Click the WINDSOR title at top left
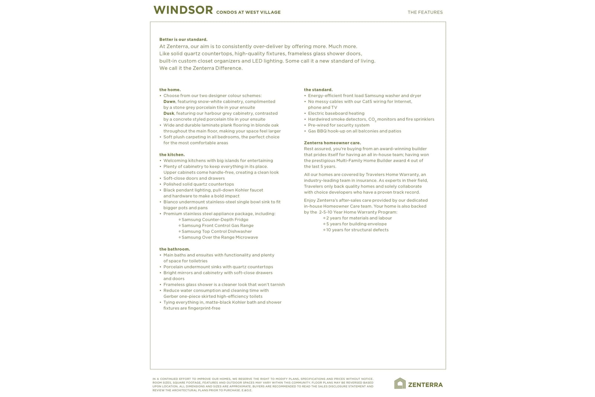click(x=183, y=10)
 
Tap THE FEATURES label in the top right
click(x=425, y=12)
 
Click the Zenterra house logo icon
click(x=400, y=384)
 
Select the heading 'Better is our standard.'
click(x=183, y=39)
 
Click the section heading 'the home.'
click(x=170, y=90)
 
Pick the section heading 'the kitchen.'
click(x=172, y=155)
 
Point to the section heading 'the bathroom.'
click(x=174, y=249)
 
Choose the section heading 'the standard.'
click(x=318, y=90)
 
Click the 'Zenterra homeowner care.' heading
click(x=332, y=143)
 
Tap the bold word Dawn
click(x=169, y=102)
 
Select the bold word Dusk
click(x=168, y=113)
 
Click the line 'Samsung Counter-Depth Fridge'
click(x=215, y=220)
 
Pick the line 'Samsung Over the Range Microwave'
click(x=219, y=237)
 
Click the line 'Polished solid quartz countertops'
click(x=199, y=184)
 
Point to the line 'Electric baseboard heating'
click(x=336, y=113)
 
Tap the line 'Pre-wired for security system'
click(x=339, y=125)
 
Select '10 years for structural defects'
click(x=357, y=230)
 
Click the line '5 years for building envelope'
click(x=356, y=224)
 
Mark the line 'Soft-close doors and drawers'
click(x=194, y=178)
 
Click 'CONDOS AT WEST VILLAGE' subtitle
click(x=248, y=12)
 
